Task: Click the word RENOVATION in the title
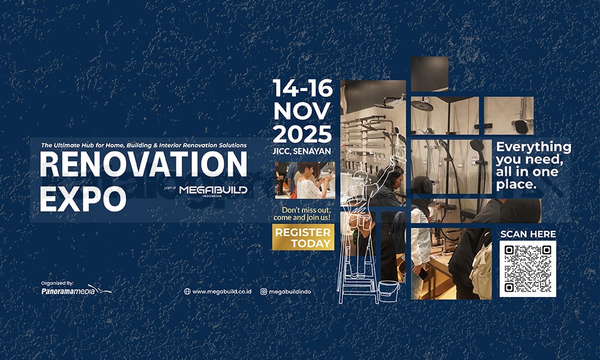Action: (143, 164)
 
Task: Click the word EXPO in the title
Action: (83, 199)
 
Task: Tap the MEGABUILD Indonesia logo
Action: (213, 191)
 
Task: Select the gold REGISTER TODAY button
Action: (303, 237)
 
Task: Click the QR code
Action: (527, 269)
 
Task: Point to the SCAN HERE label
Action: (528, 234)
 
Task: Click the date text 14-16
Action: (302, 88)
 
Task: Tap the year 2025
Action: (302, 134)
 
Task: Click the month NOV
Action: (302, 112)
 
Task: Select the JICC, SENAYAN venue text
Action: (302, 151)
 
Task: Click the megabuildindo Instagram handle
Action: (290, 292)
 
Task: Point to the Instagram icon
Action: (263, 292)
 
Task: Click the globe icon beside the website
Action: (187, 292)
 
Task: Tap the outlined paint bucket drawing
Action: (388, 292)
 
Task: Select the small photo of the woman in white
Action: (305, 180)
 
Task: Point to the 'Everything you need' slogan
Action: (533, 166)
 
